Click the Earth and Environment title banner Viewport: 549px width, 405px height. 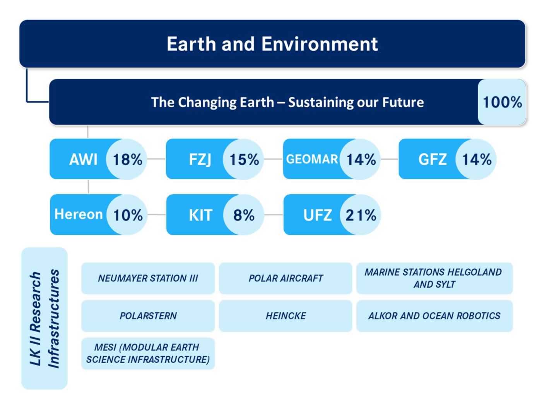point(272,44)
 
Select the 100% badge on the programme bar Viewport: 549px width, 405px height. point(502,102)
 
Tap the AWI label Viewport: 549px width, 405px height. point(83,159)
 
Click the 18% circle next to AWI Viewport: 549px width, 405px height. point(127,160)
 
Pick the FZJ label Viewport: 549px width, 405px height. point(200,159)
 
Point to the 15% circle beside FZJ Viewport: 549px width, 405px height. point(244,160)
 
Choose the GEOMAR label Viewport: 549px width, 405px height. point(312,159)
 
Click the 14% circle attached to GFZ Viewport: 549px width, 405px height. point(476,160)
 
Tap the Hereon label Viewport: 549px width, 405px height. point(79,214)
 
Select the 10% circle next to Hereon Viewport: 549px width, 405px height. point(128,215)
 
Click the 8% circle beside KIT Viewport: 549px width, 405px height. point(244,215)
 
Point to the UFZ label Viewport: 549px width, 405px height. point(317,215)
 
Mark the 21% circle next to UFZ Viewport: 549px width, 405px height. point(361,215)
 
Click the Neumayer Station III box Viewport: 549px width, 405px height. point(148,278)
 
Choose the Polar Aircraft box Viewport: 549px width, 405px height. point(286,278)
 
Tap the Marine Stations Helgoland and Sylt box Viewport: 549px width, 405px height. point(434,278)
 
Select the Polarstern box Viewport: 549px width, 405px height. point(148,316)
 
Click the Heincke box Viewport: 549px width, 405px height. point(286,316)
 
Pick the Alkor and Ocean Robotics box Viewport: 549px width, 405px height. point(434,316)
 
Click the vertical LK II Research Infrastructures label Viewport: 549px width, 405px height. point(44,318)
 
